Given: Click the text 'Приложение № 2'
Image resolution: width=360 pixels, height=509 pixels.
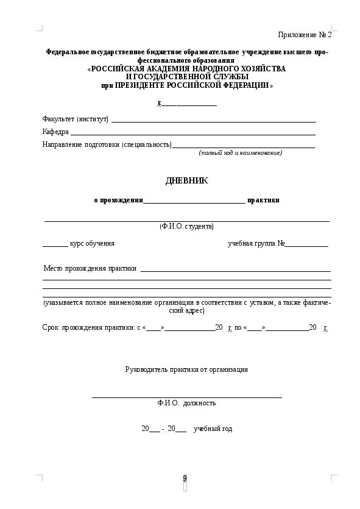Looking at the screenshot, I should point(305,34).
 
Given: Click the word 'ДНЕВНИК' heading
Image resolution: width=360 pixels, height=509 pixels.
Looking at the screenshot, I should point(186,181).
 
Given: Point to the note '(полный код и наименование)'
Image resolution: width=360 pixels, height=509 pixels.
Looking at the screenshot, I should point(241,153).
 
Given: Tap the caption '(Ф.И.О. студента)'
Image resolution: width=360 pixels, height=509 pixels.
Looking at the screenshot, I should point(186,226).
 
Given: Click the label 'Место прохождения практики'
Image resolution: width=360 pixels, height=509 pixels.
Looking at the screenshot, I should point(90,268).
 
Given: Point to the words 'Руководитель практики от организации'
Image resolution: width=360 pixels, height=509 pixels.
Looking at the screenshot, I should point(186,369).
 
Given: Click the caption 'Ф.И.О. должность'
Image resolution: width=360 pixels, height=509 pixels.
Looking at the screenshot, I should point(186,403).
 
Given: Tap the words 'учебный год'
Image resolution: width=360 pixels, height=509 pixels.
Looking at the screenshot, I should point(213,429).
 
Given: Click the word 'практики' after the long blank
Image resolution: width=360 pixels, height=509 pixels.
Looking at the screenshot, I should point(263,200).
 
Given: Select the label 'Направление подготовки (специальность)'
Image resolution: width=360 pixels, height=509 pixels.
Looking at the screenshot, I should point(107,145).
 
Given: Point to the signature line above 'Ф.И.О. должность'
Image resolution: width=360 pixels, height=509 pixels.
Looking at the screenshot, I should point(186,397).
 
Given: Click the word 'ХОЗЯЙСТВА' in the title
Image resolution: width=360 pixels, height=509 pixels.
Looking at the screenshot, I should point(261,69).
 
